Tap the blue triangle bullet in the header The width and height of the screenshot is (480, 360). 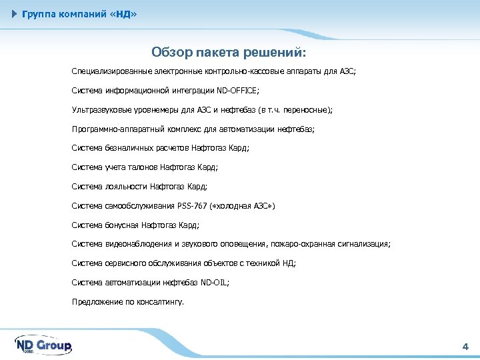tap(15, 14)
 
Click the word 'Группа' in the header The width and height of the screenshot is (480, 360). tap(39, 14)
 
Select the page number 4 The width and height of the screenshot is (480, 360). tap(465, 346)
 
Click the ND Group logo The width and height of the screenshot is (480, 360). tap(43, 345)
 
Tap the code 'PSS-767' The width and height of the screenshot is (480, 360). tap(192, 205)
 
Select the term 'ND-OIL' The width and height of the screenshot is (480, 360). tap(214, 282)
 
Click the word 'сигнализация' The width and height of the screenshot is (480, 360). tap(365, 244)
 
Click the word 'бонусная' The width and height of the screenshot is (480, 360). tap(122, 225)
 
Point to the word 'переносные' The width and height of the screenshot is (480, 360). tap(306, 109)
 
